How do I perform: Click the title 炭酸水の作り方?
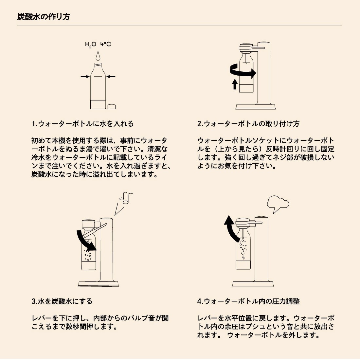(44, 17)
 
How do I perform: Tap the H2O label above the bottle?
(91, 44)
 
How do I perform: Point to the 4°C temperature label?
(106, 44)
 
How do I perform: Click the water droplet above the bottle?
(98, 55)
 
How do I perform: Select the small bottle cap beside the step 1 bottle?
(112, 107)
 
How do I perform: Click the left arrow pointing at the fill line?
(85, 77)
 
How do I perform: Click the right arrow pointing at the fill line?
(111, 77)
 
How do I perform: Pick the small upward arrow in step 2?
(234, 84)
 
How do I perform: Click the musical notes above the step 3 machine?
(126, 198)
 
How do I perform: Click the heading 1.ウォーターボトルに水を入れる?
(83, 124)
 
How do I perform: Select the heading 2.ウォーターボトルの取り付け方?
(248, 124)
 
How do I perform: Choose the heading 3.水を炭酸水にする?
(62, 301)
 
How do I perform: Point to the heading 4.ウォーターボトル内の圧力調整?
(248, 301)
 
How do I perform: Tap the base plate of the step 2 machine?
(256, 107)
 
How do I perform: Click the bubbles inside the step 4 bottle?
(243, 249)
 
